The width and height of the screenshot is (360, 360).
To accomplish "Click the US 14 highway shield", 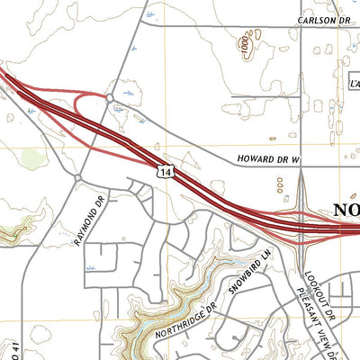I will (161, 170).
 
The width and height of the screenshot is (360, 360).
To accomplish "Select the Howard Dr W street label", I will (267, 158).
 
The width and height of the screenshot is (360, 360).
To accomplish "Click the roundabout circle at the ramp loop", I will (109, 97).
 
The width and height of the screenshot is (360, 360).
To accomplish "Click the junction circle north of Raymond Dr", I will (79, 177).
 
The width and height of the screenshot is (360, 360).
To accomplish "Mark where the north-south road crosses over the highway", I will (301, 226).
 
